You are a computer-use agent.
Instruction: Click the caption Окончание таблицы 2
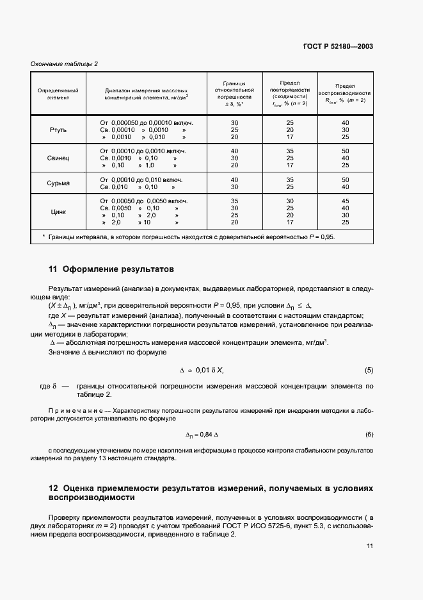click(65, 63)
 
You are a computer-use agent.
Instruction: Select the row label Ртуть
click(58, 130)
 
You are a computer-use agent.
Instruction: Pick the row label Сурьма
click(58, 183)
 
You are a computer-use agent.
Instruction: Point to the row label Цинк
click(58, 212)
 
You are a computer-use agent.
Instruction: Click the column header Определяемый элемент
click(58, 94)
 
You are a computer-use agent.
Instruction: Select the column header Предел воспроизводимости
click(346, 93)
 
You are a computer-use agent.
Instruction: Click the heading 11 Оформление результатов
click(111, 269)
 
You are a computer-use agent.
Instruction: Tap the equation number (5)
click(369, 371)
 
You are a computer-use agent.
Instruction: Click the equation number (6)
click(369, 435)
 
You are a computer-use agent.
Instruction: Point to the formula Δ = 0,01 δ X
click(202, 371)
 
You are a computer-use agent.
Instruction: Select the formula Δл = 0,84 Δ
click(202, 435)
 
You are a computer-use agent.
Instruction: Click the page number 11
click(369, 546)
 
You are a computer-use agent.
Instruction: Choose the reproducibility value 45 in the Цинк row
click(346, 200)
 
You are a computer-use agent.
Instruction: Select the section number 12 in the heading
click(53, 488)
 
